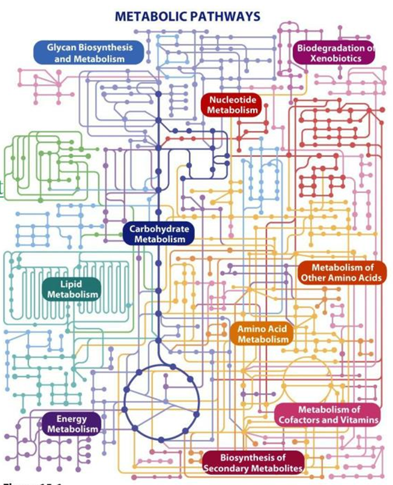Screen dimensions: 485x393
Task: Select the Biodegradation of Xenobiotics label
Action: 335,52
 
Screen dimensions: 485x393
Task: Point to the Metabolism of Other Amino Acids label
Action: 342,272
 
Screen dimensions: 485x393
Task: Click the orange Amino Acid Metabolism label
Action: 263,334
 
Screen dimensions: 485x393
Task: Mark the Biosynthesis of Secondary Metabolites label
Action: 253,463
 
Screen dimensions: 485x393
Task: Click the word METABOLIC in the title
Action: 150,16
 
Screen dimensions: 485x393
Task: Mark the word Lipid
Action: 71,284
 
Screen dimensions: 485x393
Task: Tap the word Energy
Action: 72,419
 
